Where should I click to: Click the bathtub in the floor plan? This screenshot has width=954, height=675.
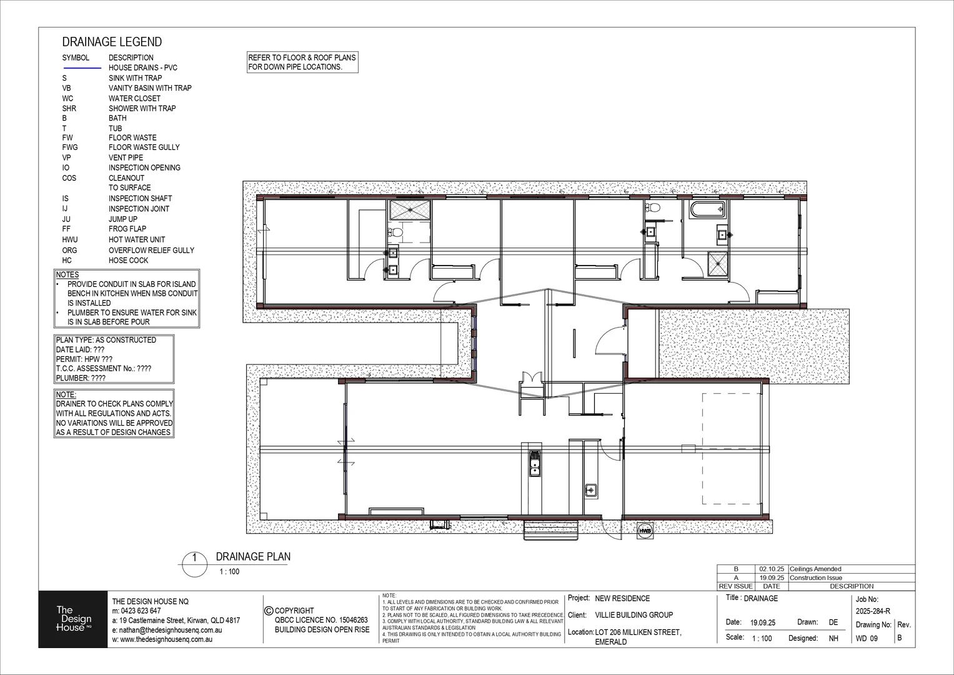(x=707, y=209)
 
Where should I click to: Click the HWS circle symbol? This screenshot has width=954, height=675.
(x=645, y=531)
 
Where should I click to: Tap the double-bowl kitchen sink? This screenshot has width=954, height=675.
(x=535, y=463)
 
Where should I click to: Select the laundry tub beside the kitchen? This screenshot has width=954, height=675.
(x=592, y=490)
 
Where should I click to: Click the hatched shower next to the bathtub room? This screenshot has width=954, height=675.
(x=718, y=263)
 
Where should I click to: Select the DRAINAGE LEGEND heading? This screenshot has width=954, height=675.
(x=112, y=42)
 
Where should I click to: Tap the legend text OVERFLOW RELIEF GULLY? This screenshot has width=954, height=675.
(x=151, y=250)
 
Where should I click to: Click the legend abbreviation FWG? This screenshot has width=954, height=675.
(x=70, y=147)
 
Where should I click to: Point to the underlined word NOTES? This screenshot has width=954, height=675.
(x=67, y=274)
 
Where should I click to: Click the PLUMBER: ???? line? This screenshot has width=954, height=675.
(x=81, y=378)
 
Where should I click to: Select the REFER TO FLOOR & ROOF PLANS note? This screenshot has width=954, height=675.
(x=302, y=62)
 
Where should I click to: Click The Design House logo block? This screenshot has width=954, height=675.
(x=73, y=618)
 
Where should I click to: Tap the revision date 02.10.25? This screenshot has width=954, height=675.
(x=771, y=569)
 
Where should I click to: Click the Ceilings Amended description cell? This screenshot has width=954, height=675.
(x=815, y=569)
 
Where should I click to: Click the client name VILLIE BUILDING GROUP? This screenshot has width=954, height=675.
(x=634, y=615)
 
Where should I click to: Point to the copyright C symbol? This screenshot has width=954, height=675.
(x=269, y=611)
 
